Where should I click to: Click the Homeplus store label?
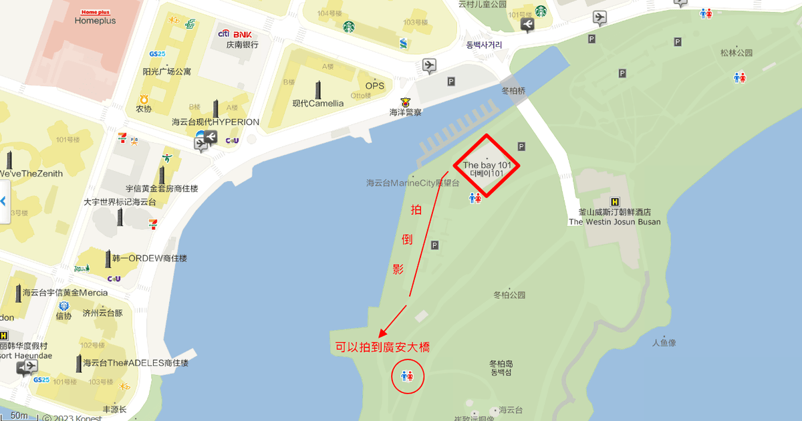pos(95,21)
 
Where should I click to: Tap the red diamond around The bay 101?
pos(487,166)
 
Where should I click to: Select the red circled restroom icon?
pos(407,376)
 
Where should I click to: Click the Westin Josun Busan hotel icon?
pos(614,202)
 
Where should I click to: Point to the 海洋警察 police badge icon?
pos(404,102)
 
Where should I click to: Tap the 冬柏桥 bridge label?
pos(513,90)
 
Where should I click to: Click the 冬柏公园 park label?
pos(509,295)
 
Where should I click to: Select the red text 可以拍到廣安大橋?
pos(382,347)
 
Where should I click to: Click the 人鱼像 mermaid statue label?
pos(664,343)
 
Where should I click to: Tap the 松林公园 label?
pos(737,53)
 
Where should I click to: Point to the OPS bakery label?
pos(374,86)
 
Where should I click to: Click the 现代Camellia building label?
pos(318,104)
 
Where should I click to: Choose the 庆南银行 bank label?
pos(242,45)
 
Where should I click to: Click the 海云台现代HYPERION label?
pos(215,122)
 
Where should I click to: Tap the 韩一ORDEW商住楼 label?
pos(149,259)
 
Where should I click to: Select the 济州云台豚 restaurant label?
pos(103,313)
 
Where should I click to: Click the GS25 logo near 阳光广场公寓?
pos(157,53)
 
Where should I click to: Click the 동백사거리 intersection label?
pos(484,45)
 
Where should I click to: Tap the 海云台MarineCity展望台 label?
pos(413,182)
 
